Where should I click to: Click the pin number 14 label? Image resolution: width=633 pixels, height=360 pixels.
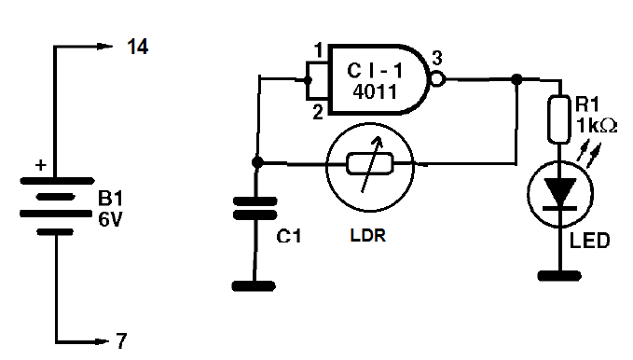tap(138, 47)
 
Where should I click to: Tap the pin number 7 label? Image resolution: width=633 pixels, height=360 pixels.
tap(121, 341)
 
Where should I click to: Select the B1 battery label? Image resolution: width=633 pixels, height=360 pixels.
tap(110, 199)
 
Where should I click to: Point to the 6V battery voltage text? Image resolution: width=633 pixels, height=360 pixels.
tap(110, 219)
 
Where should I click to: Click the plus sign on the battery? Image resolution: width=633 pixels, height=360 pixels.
tap(41, 165)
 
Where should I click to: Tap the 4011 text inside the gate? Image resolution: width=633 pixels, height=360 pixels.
tap(376, 91)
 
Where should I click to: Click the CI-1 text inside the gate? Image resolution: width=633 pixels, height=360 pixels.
tap(375, 71)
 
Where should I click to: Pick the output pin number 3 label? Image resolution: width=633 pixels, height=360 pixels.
tap(437, 59)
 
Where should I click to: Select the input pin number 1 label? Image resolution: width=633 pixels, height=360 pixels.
tap(319, 50)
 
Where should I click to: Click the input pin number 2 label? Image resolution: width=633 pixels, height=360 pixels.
tap(318, 112)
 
